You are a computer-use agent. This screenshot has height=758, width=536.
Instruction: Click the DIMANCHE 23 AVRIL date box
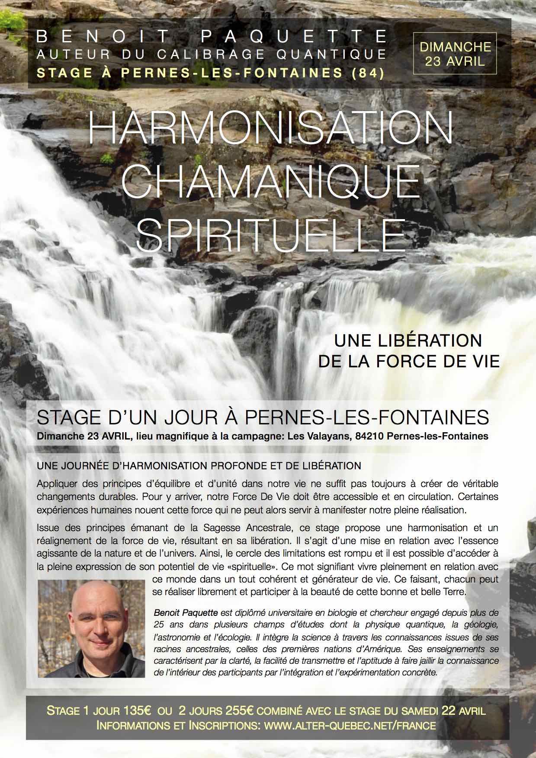[455, 54]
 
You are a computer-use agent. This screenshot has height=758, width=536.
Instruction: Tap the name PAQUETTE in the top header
[295, 37]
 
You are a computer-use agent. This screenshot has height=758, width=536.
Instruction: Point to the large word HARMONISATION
[271, 128]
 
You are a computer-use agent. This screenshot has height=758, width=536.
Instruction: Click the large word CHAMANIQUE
[271, 182]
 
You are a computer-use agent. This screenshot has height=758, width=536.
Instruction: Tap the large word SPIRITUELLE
[271, 235]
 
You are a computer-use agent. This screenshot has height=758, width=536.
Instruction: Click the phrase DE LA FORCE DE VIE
[409, 361]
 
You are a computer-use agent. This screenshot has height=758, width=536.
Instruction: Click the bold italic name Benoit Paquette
[186, 612]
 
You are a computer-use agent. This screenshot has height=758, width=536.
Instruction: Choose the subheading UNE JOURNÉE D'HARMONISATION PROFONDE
[199, 466]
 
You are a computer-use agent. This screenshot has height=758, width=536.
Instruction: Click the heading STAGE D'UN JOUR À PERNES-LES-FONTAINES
[263, 417]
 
